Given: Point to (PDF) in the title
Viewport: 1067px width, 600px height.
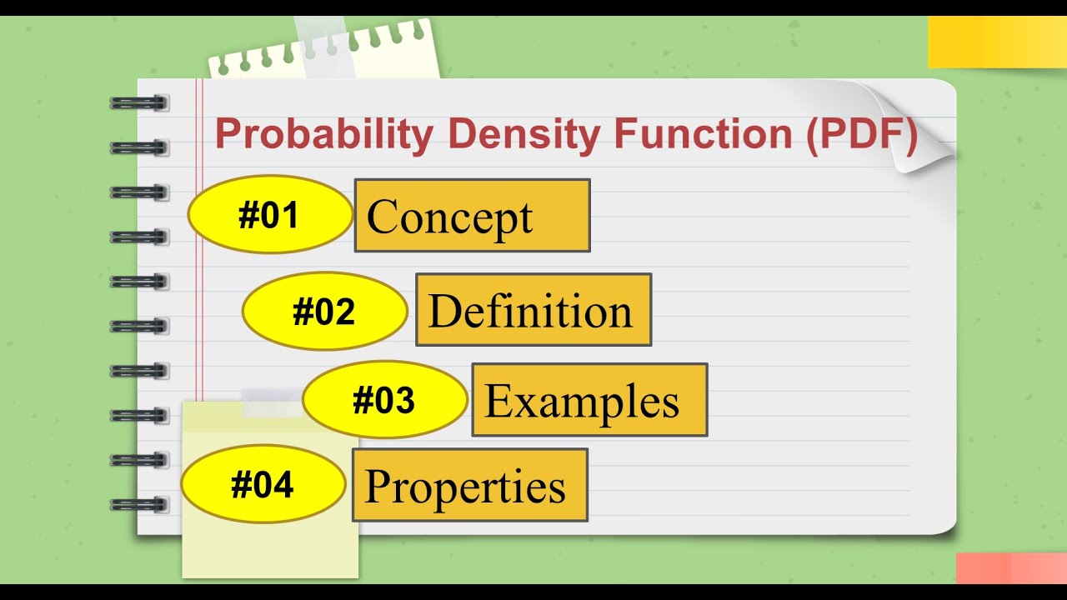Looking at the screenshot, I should pyautogui.click(x=860, y=135).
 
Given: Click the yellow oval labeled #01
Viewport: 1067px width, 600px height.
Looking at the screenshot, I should pyautogui.click(x=270, y=215).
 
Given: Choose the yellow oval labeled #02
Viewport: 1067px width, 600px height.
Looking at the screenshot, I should pyautogui.click(x=324, y=312).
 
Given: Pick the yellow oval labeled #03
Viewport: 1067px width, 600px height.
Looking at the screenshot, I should pyautogui.click(x=384, y=400).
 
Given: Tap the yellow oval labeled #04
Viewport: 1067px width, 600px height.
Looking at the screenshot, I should pyautogui.click(x=263, y=484).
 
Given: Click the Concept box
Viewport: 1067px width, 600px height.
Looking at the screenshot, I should pyautogui.click(x=472, y=216).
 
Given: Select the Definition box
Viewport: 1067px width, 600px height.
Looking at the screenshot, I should pyautogui.click(x=533, y=310).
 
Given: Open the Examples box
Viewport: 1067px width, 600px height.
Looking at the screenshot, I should pyautogui.click(x=589, y=400).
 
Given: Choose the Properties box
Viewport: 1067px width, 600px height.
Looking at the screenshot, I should pyautogui.click(x=469, y=485).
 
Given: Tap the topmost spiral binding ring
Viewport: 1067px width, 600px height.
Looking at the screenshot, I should pyautogui.click(x=138, y=103).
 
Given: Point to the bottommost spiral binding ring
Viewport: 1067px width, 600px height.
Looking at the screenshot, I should pyautogui.click(x=138, y=504).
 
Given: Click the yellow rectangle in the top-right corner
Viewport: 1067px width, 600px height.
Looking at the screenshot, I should pyautogui.click(x=997, y=42).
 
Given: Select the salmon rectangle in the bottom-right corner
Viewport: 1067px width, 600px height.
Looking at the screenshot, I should pyautogui.click(x=1011, y=568).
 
